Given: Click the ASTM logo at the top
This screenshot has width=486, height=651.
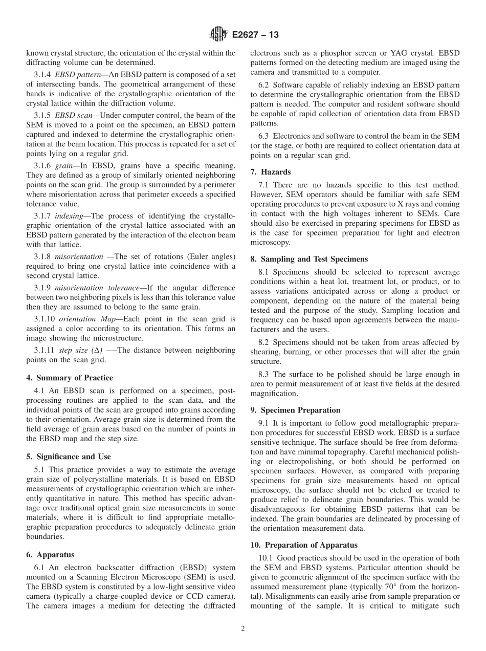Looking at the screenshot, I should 218,35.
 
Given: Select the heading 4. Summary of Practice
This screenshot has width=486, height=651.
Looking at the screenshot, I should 69,378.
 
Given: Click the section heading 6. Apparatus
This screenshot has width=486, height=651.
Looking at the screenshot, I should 50,555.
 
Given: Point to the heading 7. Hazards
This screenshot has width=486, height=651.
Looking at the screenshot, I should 270,172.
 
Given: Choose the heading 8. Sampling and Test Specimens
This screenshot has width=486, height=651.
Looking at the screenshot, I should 309,259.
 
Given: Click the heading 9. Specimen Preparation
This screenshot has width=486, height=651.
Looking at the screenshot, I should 295,410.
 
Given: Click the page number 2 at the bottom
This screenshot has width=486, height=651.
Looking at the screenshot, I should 243,629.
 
